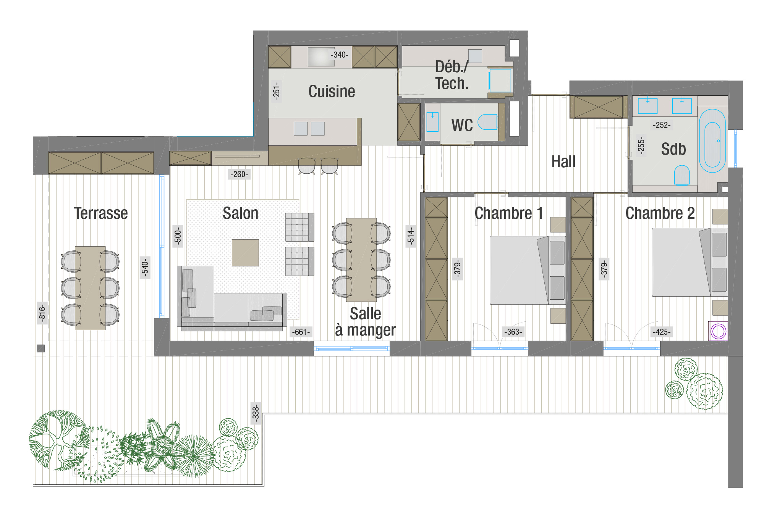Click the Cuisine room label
[x=332, y=92]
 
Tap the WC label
[x=462, y=125]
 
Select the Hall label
[x=563, y=161]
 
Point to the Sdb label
[x=673, y=149]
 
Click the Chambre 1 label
[x=508, y=213]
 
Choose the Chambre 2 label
[x=660, y=213]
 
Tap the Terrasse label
[x=101, y=213]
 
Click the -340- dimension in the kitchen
[x=339, y=55]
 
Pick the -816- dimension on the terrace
[x=42, y=313]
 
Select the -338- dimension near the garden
[x=256, y=413]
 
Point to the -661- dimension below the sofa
[x=301, y=332]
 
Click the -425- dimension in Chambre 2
[x=662, y=332]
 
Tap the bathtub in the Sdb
[x=712, y=141]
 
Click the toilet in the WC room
[x=487, y=122]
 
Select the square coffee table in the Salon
[x=245, y=253]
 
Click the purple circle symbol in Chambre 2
[x=718, y=331]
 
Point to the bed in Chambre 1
[x=527, y=270]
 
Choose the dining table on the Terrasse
[x=90, y=288]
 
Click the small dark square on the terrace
[x=41, y=348]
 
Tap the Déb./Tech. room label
[x=452, y=75]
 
